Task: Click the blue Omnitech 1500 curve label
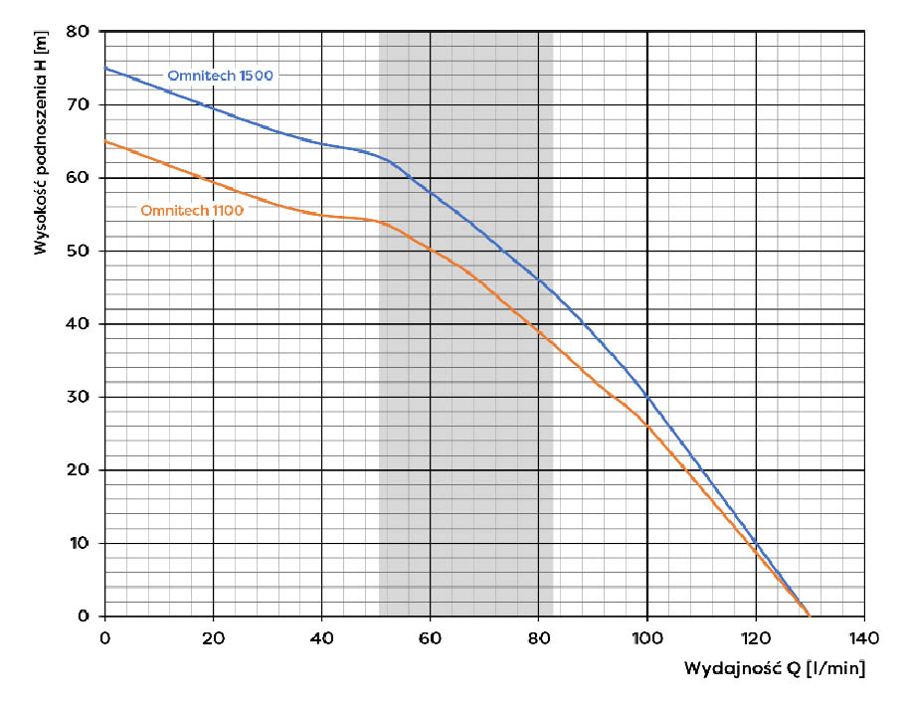(x=219, y=77)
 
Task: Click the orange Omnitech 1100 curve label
(x=192, y=210)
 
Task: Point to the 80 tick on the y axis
(x=80, y=32)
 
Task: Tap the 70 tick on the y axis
(x=80, y=104)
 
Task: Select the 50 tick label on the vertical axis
(x=80, y=251)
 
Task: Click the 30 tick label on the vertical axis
(x=80, y=397)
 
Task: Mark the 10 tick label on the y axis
(x=80, y=543)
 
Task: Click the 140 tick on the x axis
(x=863, y=636)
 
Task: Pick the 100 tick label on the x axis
(x=646, y=636)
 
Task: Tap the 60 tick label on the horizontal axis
(x=430, y=636)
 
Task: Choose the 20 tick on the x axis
(x=213, y=636)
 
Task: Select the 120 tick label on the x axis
(x=755, y=636)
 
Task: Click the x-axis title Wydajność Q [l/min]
(x=774, y=668)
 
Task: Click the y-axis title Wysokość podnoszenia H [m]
(x=41, y=143)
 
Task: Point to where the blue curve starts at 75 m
(x=105, y=69)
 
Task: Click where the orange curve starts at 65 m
(x=105, y=141)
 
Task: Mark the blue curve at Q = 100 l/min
(x=646, y=396)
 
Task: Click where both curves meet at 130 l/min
(x=808, y=616)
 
